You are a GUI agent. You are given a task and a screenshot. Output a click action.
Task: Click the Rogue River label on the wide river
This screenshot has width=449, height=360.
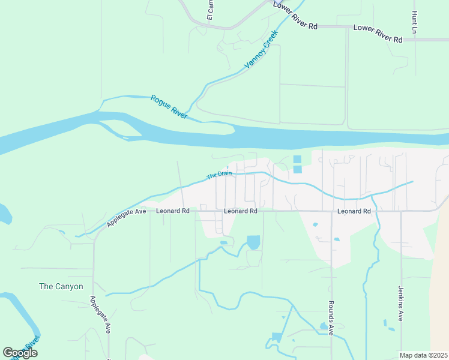pyautogui.click(x=169, y=106)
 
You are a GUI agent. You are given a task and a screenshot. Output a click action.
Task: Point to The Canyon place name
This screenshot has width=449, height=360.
pyautogui.click(x=61, y=286)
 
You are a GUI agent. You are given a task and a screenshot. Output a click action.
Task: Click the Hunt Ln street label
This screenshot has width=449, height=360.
pyautogui.click(x=414, y=22)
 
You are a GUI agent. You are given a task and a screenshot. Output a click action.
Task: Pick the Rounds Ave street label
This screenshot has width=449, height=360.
pyautogui.click(x=330, y=319)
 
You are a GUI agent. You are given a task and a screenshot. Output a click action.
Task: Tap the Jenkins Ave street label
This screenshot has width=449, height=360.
pyautogui.click(x=400, y=303)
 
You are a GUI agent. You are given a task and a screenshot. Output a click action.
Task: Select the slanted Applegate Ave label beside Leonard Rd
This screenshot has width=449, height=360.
pyautogui.click(x=127, y=217)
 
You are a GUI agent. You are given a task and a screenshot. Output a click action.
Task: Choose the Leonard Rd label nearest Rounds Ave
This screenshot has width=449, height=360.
pyautogui.click(x=354, y=211)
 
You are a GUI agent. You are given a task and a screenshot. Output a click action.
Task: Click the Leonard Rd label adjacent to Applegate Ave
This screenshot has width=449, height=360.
pyautogui.click(x=173, y=211)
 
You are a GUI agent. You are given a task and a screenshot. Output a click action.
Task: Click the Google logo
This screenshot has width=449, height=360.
pyautogui.click(x=20, y=353)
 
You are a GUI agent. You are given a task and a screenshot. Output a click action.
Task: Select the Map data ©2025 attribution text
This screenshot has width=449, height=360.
pyautogui.click(x=423, y=355)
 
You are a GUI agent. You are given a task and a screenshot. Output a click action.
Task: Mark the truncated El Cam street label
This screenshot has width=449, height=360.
pyautogui.click(x=211, y=10)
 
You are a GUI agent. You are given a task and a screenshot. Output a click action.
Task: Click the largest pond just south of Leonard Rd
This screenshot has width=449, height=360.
pyautogui.click(x=253, y=242)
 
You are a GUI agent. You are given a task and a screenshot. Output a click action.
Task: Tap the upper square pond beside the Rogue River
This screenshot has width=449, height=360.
pyautogui.click(x=297, y=160)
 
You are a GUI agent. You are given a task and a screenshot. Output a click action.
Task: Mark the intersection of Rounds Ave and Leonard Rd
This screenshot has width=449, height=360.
pyautogui.click(x=331, y=211)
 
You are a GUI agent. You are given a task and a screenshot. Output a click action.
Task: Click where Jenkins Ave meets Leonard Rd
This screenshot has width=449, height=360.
pyautogui.click(x=400, y=211)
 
